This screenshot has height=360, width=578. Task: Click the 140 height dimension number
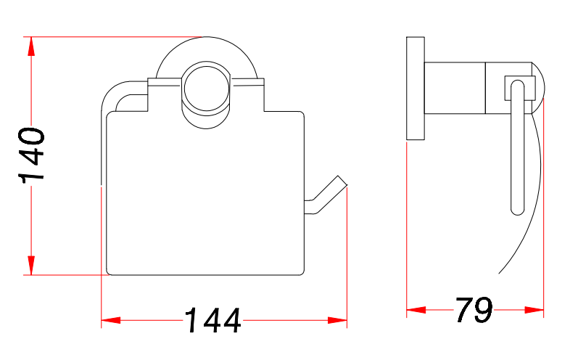[x=31, y=155]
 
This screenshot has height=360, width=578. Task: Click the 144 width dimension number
[x=212, y=320]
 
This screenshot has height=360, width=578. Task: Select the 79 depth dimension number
[x=474, y=310]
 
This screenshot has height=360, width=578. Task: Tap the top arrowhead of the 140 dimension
[x=31, y=46]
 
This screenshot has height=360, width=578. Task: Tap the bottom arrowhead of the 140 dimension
[x=31, y=265]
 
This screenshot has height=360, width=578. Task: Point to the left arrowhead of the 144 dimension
[x=111, y=320]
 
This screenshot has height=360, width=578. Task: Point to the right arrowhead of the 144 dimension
[x=337, y=320]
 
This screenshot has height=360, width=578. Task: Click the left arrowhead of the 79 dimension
[x=416, y=310]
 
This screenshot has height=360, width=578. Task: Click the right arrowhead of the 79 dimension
[x=534, y=310]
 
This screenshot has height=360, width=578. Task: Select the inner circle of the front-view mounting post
[x=207, y=89]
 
